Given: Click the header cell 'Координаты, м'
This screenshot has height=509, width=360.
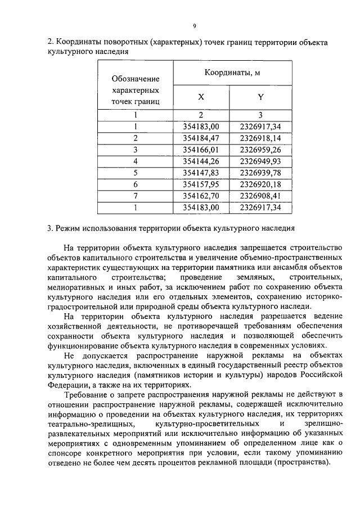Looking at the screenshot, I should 231,73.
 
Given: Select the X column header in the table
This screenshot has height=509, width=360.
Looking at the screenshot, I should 201,97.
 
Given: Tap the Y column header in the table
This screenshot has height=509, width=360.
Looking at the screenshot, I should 260,97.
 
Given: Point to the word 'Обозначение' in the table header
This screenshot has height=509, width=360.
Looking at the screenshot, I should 135,79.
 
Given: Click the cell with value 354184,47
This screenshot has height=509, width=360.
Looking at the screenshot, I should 201,138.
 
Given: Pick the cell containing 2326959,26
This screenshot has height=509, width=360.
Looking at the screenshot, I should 260,150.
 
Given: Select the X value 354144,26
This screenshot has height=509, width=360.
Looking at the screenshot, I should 201,161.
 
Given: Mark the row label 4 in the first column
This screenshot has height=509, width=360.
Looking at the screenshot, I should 135,161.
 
